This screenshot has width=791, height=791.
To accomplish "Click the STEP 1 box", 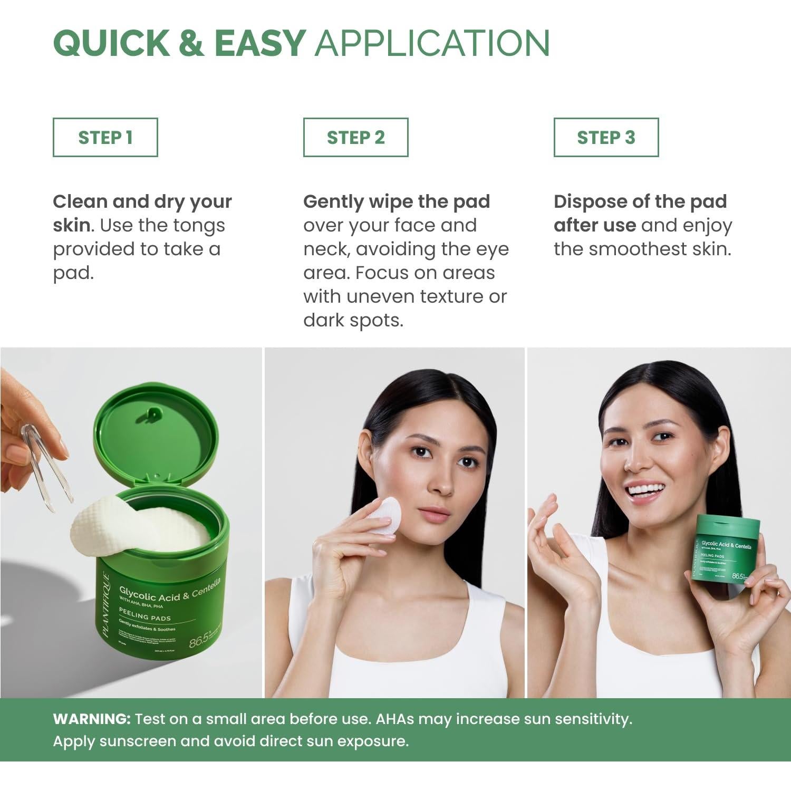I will pyautogui.click(x=105, y=138).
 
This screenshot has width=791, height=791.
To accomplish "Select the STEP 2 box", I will pyautogui.click(x=355, y=138).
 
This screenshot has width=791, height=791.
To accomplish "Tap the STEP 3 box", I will pyautogui.click(x=606, y=138).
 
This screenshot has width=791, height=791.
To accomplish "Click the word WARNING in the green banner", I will pyautogui.click(x=91, y=719).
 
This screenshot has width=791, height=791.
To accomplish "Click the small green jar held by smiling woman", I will pyautogui.click(x=727, y=548).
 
